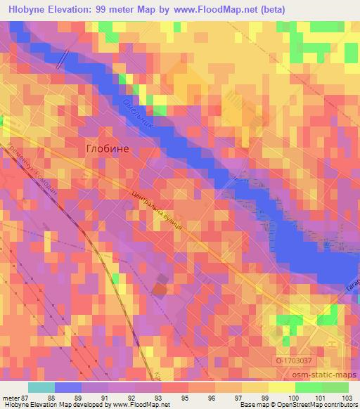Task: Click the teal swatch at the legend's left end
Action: (x=41, y=387)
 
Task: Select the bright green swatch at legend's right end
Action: (x=335, y=387)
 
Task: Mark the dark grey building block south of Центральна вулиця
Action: (x=161, y=285)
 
